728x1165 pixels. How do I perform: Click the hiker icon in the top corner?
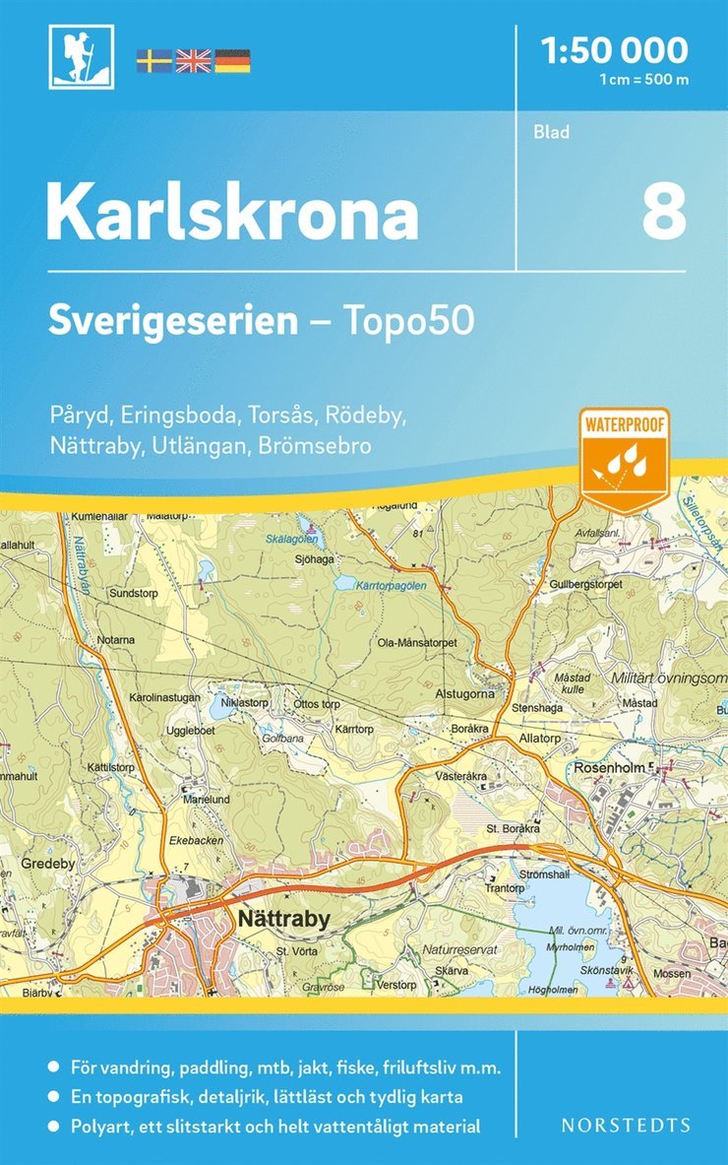82,57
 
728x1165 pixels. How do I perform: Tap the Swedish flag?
153,60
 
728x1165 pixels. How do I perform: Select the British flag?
193,60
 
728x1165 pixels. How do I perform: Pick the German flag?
232,60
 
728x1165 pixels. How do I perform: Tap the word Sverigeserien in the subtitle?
173,321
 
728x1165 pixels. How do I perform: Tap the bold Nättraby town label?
282,919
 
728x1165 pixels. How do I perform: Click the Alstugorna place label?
465,693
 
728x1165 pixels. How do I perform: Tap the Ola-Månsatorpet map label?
418,643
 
